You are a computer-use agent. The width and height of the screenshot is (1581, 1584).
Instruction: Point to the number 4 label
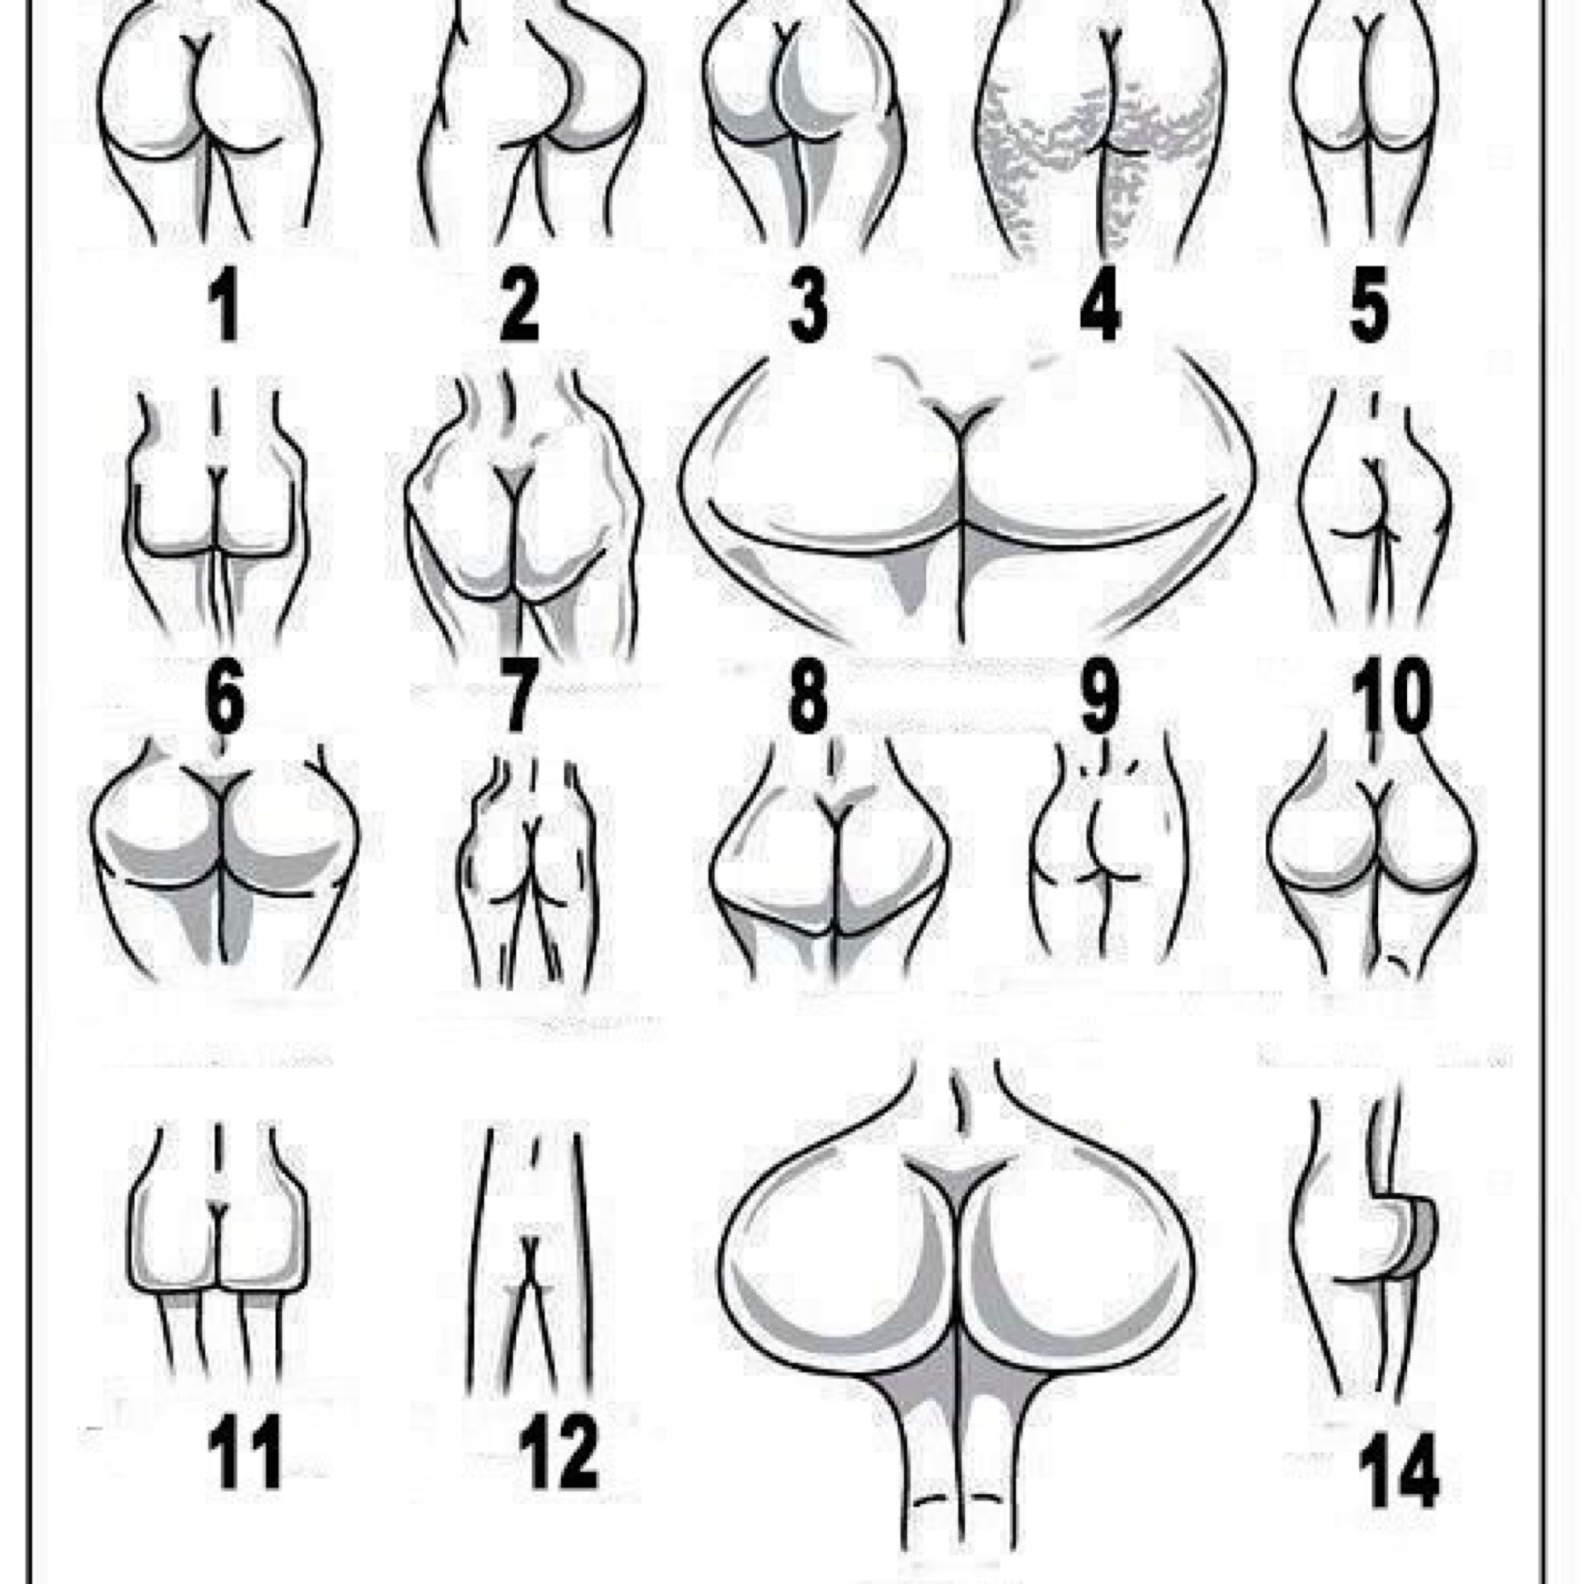1099,307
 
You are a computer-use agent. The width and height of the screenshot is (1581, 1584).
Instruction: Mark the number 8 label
807,700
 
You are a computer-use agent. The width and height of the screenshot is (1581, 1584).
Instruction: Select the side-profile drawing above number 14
1365,1229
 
